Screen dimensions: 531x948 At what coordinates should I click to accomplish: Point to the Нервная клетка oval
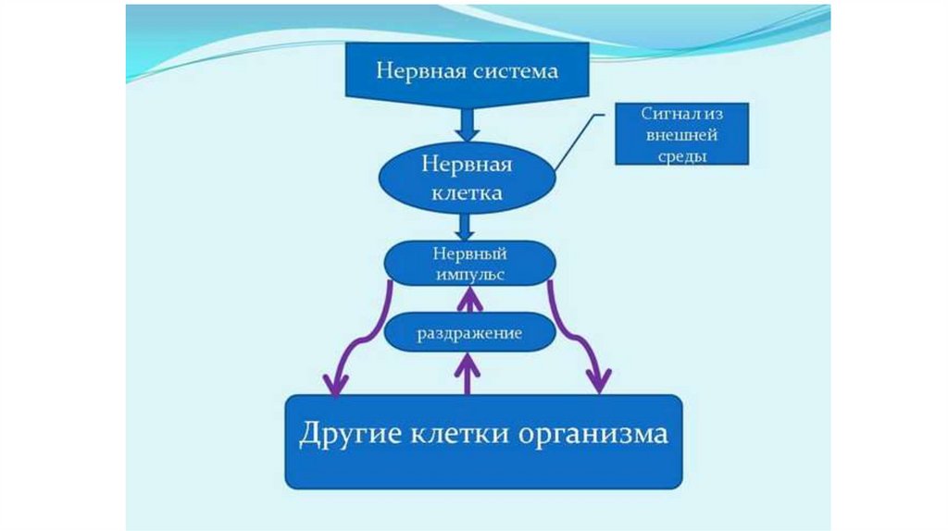pyautogui.click(x=467, y=179)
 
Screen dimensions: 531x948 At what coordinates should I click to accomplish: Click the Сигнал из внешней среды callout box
pyautogui.click(x=680, y=135)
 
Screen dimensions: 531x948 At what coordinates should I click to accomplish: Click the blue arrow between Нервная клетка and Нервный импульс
pyautogui.click(x=467, y=226)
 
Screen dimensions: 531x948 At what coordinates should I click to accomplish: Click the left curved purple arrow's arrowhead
pyautogui.click(x=332, y=381)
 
